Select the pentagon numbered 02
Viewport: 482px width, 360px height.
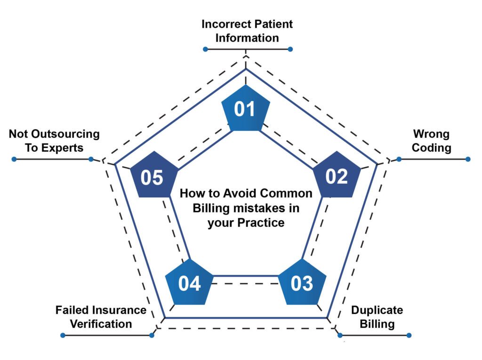(x=337, y=176)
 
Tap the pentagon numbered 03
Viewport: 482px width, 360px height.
(x=302, y=283)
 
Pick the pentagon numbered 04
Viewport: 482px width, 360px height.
(x=189, y=283)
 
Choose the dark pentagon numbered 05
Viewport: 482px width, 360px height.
(x=153, y=177)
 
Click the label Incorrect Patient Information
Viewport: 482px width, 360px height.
(x=247, y=31)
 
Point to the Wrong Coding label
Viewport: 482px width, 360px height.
(x=431, y=141)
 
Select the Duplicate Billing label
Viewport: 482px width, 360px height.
(x=377, y=317)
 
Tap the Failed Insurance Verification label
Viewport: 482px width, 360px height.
(x=101, y=317)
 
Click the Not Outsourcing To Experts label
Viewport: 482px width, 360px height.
(x=54, y=141)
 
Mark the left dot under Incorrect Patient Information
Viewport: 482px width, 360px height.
(x=205, y=49)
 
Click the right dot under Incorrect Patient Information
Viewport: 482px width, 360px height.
(x=290, y=49)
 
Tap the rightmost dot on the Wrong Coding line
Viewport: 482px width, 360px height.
(x=468, y=159)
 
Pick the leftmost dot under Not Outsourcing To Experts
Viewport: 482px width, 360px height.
(x=14, y=159)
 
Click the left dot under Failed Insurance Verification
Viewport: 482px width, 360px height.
(x=62, y=335)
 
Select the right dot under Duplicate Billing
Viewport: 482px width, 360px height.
(x=409, y=335)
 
